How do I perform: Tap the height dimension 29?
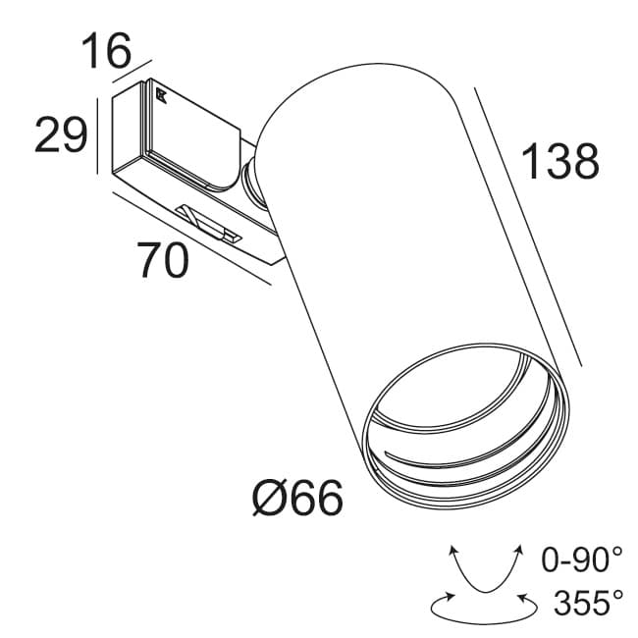coord(62,134)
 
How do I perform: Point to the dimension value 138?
coord(559,163)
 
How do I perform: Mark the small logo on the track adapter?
coord(160,96)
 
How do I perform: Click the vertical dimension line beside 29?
coord(97,134)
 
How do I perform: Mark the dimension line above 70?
coord(186,240)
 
